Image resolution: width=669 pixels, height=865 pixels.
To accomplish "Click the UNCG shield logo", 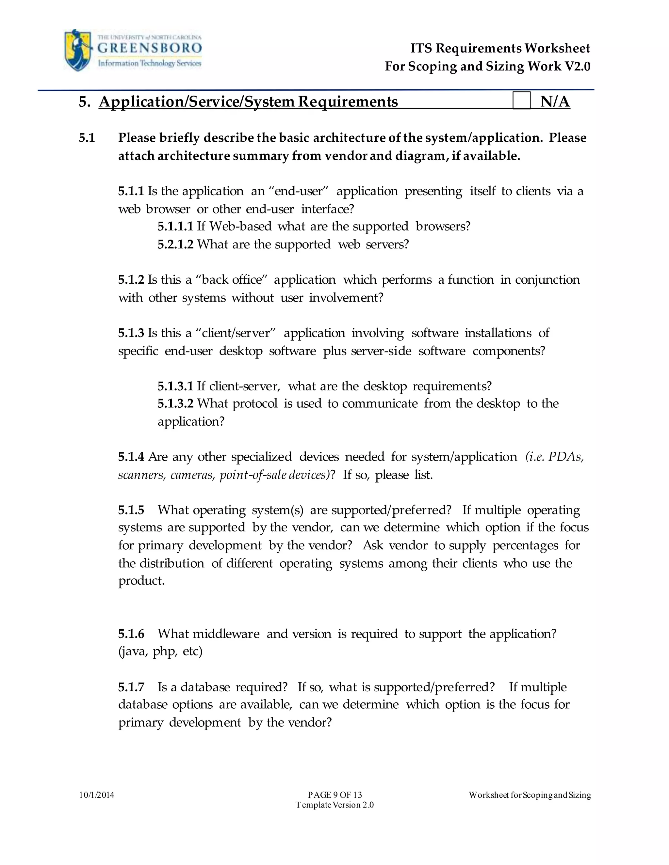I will coord(78,50).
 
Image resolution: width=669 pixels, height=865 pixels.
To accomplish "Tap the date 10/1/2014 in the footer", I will coord(97,795).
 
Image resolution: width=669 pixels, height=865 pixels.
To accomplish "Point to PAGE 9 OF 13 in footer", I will coord(335,795).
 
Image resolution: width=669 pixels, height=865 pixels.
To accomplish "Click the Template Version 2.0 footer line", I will coord(335,805).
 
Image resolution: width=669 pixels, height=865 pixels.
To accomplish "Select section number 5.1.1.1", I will coord(175,227).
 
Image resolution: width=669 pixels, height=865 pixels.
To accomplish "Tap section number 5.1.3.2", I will coord(175,403).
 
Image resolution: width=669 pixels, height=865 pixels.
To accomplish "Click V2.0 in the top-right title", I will coord(578,66).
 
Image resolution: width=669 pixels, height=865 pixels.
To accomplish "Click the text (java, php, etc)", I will coord(160,652).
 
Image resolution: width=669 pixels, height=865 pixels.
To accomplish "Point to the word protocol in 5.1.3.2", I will coord(255,403).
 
